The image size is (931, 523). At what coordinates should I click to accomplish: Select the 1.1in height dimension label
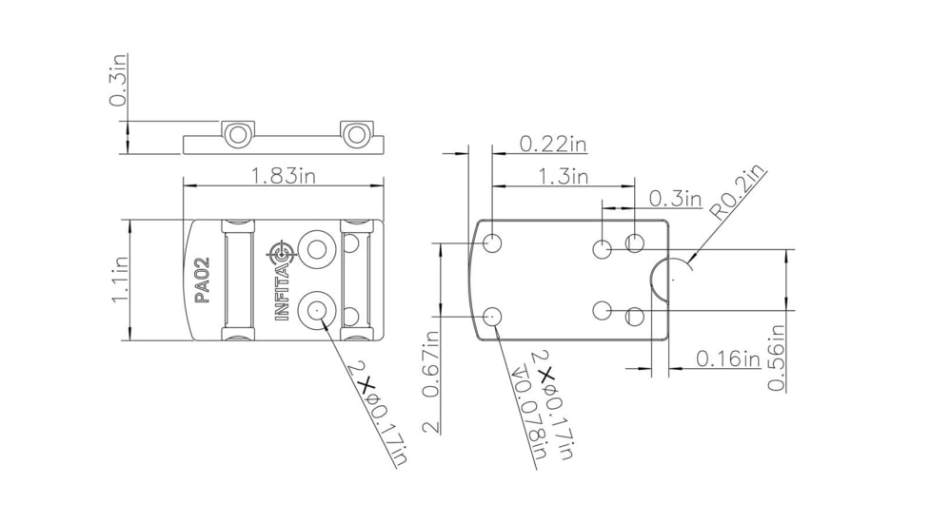120,281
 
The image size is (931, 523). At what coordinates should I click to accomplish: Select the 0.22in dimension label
553,144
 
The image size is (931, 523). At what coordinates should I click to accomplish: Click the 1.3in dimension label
563,176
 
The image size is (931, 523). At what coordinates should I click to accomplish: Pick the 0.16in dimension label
727,358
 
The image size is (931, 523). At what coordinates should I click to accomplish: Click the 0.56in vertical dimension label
777,358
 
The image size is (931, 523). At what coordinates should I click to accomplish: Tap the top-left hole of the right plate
492,242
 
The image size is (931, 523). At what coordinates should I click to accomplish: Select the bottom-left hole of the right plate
492,317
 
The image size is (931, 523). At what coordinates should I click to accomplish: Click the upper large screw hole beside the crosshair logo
315,249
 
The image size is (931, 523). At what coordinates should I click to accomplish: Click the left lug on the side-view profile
237,134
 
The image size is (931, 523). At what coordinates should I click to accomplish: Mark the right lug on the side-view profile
356,134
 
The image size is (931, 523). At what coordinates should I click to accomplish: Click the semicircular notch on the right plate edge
661,280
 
